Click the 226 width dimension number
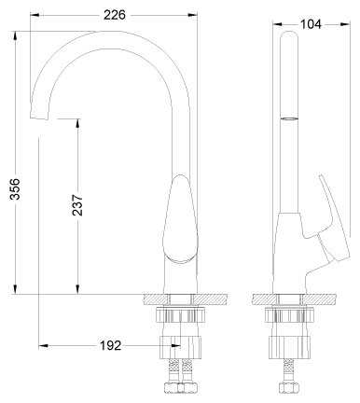pyautogui.click(x=115, y=15)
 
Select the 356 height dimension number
pyautogui.click(x=15, y=188)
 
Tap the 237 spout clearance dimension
pyautogui.click(x=77, y=205)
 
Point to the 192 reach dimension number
pyautogui.click(x=110, y=345)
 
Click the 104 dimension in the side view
pyautogui.click(x=311, y=24)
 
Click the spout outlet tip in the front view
pyautogui.click(x=39, y=117)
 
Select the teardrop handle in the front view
pyautogui.click(x=180, y=219)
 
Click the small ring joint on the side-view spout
pyautogui.click(x=289, y=118)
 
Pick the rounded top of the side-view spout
pyautogui.click(x=289, y=35)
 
